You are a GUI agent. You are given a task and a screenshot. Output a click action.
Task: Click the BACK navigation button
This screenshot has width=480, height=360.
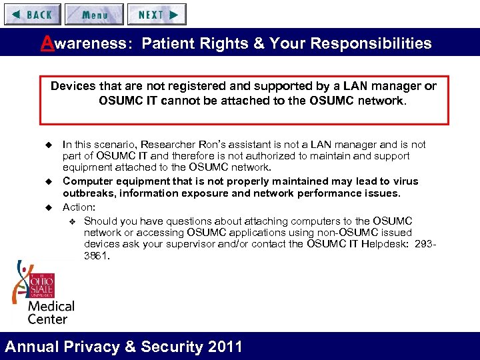(32, 14)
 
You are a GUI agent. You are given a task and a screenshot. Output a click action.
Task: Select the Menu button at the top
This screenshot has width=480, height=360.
(94, 14)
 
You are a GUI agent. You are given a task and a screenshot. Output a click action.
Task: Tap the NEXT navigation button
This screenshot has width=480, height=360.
(157, 14)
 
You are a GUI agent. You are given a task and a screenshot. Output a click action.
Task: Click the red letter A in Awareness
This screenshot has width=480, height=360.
(47, 43)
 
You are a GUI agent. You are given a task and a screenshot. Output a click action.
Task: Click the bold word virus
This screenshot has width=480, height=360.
(404, 181)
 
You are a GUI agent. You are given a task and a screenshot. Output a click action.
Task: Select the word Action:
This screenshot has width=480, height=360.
(79, 207)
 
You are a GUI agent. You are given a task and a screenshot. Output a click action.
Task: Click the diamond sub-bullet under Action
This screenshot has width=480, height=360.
(73, 221)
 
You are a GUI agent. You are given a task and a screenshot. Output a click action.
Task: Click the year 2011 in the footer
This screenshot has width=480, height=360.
(225, 347)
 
